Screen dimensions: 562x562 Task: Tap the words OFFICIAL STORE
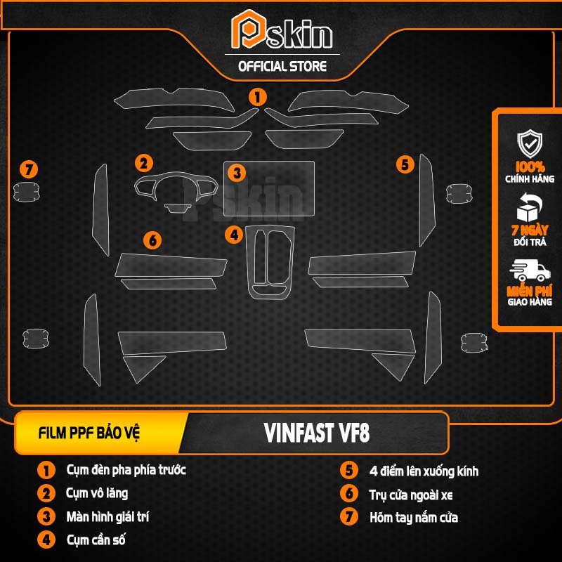click(x=282, y=67)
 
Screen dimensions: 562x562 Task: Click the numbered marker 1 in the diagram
click(x=259, y=96)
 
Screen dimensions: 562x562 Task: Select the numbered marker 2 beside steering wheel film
click(x=144, y=164)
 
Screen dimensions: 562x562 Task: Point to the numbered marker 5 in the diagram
click(x=405, y=164)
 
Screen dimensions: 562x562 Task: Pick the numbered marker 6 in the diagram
click(x=152, y=240)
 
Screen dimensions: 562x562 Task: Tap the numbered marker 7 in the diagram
click(x=28, y=169)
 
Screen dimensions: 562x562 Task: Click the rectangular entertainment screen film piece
click(x=268, y=188)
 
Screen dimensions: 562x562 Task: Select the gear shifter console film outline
click(x=270, y=261)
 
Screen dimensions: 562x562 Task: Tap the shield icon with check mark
click(x=530, y=143)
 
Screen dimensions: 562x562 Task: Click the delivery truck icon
click(x=530, y=270)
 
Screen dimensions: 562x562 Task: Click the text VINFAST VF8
click(x=318, y=433)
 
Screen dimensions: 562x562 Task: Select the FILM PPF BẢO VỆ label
click(x=89, y=433)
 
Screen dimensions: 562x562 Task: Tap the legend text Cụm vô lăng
click(x=97, y=493)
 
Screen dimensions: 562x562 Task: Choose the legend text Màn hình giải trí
click(x=107, y=517)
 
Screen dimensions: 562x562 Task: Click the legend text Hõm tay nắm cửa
click(x=414, y=518)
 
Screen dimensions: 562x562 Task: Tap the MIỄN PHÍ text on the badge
click(x=530, y=289)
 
